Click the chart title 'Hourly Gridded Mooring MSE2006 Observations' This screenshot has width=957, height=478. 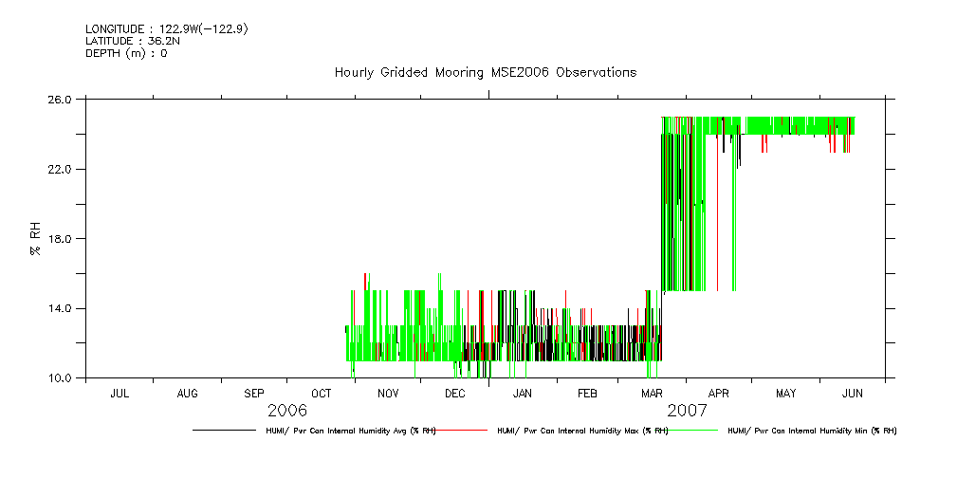[x=485, y=73]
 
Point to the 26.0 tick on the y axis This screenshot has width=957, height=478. [x=61, y=99]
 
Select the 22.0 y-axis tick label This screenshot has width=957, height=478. [x=61, y=169]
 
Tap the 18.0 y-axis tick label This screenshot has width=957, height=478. [x=61, y=239]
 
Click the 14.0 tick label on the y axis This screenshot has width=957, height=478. [x=61, y=308]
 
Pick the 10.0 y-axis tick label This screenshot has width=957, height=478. [x=61, y=378]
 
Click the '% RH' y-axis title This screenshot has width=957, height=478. [x=35, y=238]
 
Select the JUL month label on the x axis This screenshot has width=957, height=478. [x=120, y=393]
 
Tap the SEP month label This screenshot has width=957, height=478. [x=254, y=393]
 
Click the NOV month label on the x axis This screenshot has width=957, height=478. [x=388, y=393]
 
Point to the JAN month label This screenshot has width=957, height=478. [x=522, y=393]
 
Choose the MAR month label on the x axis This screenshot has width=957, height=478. [x=653, y=393]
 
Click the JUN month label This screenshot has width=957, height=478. [x=853, y=393]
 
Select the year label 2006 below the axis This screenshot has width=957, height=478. [x=287, y=411]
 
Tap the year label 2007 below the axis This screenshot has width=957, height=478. [x=687, y=411]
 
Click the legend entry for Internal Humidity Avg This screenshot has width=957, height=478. [x=350, y=431]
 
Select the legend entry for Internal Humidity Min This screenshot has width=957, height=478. [x=811, y=431]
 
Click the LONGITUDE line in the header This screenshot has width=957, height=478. [x=167, y=28]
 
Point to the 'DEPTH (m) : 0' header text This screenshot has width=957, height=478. [x=126, y=53]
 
